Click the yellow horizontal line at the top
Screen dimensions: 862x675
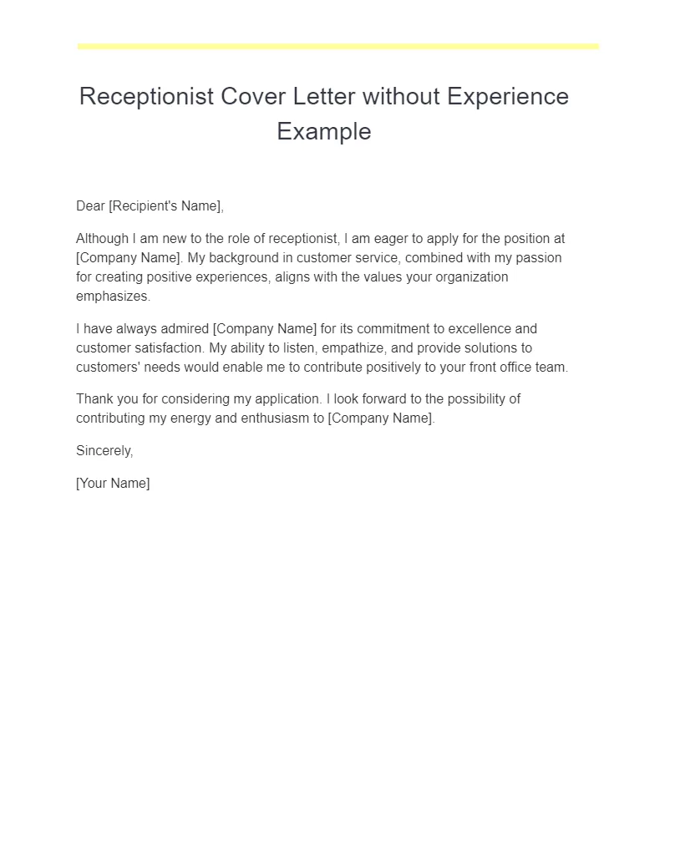338,47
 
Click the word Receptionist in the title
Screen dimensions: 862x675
146,97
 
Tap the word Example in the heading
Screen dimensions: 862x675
324,131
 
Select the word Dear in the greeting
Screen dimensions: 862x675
90,206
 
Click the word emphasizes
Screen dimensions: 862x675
113,297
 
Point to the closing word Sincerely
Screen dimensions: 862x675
104,451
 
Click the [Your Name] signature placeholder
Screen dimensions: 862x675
113,484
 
